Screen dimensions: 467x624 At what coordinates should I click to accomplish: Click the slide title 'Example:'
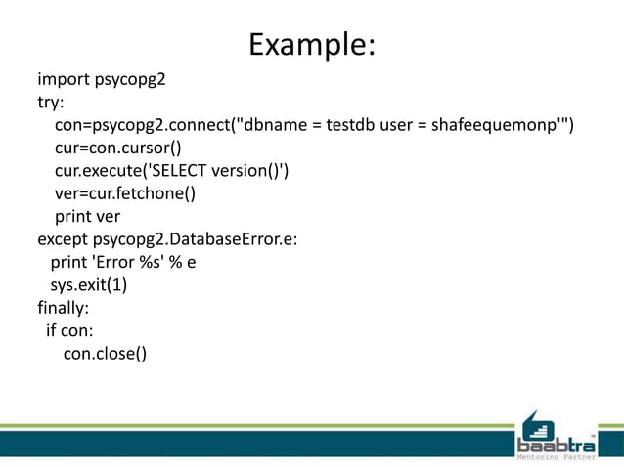(x=312, y=44)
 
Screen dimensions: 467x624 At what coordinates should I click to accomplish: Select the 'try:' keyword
(x=52, y=102)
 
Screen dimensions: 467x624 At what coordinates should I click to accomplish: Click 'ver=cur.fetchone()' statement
(x=125, y=193)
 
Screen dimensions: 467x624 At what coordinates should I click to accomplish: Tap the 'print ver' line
(x=87, y=217)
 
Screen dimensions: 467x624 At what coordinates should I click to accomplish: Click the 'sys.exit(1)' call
(x=89, y=285)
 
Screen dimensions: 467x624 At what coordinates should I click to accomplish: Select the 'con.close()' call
(x=105, y=354)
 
